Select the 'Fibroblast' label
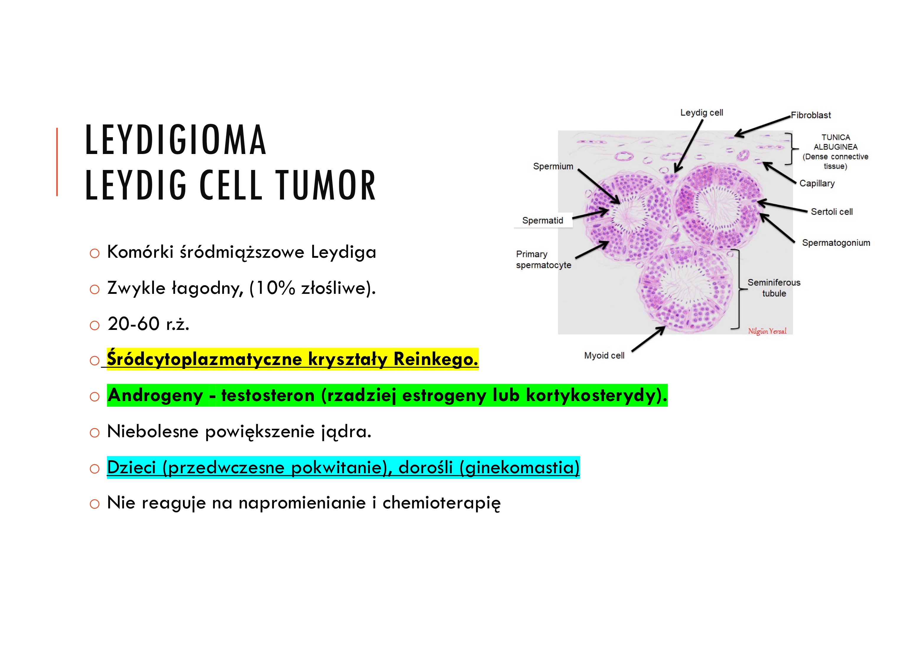tap(811, 115)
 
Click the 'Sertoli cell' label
tap(831, 212)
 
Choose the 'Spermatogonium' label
tap(836, 243)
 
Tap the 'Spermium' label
tap(553, 166)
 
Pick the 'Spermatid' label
tap(543, 221)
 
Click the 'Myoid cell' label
tap(604, 356)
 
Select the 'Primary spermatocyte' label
tap(543, 260)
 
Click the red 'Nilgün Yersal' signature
tap(767, 331)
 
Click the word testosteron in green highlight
tap(268, 396)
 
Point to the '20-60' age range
tap(134, 324)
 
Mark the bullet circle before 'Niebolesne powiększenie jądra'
tap(95, 433)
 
